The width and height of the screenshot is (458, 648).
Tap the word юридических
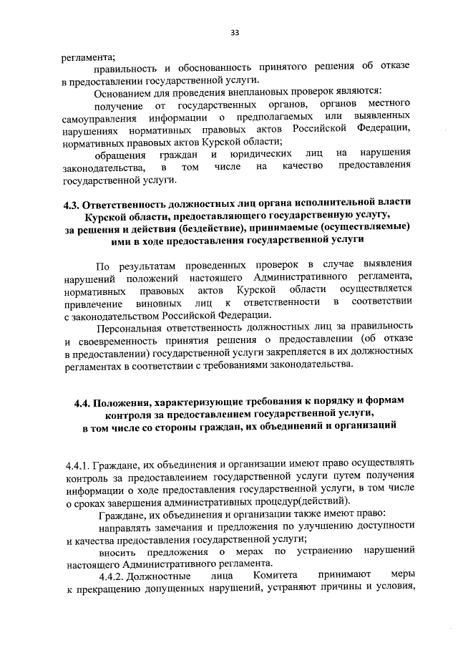[x=262, y=153]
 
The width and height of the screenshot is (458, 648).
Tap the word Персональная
[x=130, y=327]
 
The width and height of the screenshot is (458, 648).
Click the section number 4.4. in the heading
[x=85, y=402]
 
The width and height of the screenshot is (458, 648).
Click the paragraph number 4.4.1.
[x=77, y=463]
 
